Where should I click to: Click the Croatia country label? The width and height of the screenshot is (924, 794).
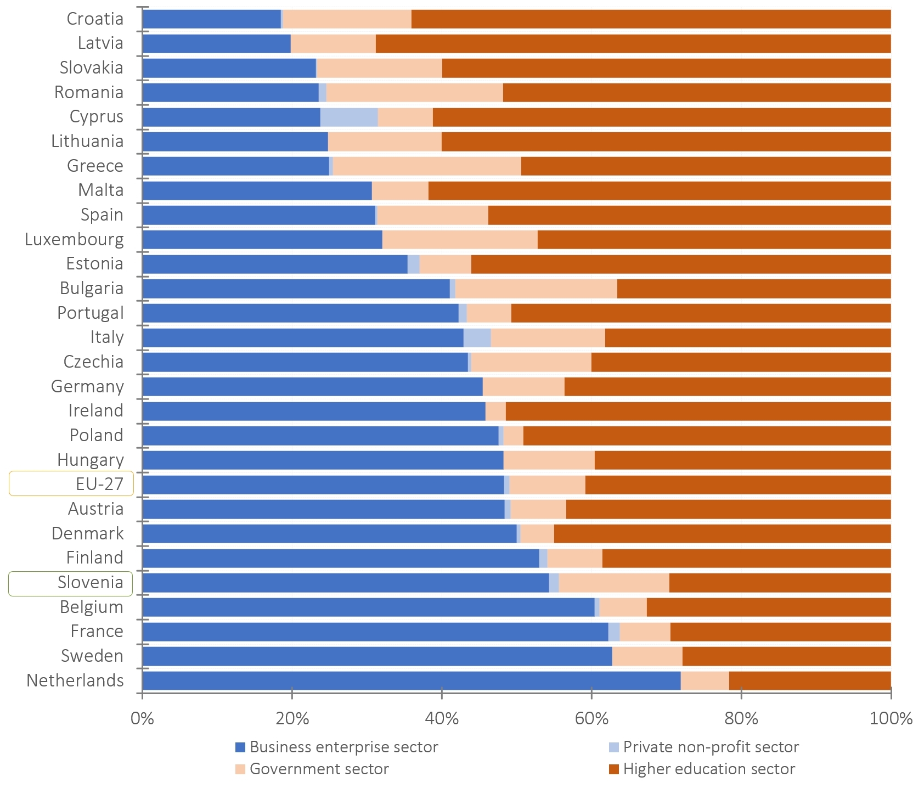pyautogui.click(x=95, y=19)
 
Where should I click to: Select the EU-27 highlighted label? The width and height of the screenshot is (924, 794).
pyautogui.click(x=99, y=484)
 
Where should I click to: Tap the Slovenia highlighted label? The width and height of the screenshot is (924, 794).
pyautogui.click(x=91, y=582)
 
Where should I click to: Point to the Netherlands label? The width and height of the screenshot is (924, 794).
pyautogui.click(x=75, y=680)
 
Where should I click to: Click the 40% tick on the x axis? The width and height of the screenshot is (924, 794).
pyautogui.click(x=442, y=718)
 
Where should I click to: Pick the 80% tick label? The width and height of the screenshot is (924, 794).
pyautogui.click(x=741, y=718)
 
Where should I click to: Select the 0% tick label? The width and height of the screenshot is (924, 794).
pyautogui.click(x=142, y=718)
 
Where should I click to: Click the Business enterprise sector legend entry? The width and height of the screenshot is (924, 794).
pyautogui.click(x=343, y=747)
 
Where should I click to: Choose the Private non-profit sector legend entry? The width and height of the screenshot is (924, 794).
pyautogui.click(x=711, y=747)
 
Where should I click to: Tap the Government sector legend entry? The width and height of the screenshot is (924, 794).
pyautogui.click(x=319, y=769)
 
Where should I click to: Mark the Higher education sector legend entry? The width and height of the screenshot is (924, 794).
pyautogui.click(x=709, y=769)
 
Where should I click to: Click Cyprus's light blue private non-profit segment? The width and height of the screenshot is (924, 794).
pyautogui.click(x=349, y=117)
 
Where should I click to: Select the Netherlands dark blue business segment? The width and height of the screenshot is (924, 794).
pyautogui.click(x=412, y=680)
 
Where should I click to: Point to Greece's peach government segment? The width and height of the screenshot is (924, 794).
pyautogui.click(x=427, y=166)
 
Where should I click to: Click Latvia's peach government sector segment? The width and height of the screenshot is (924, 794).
pyautogui.click(x=333, y=43)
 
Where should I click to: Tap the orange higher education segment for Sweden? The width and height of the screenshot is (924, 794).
pyautogui.click(x=786, y=656)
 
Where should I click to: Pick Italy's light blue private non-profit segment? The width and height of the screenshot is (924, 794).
pyautogui.click(x=477, y=337)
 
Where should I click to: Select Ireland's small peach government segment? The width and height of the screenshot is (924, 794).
pyautogui.click(x=495, y=411)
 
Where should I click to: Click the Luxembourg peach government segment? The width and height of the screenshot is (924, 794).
pyautogui.click(x=460, y=239)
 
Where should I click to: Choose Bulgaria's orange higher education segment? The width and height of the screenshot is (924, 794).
pyautogui.click(x=753, y=289)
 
